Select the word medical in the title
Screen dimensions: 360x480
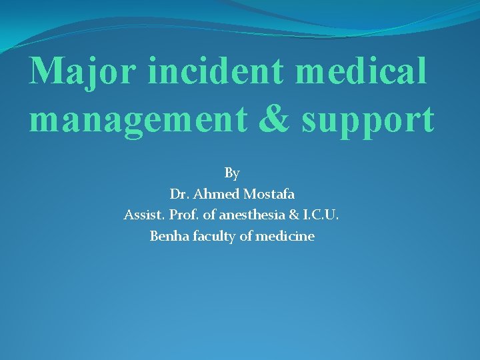point(360,71)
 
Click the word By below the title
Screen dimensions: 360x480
point(232,173)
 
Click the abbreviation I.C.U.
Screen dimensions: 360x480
point(322,215)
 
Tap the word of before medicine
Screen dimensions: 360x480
point(244,236)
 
